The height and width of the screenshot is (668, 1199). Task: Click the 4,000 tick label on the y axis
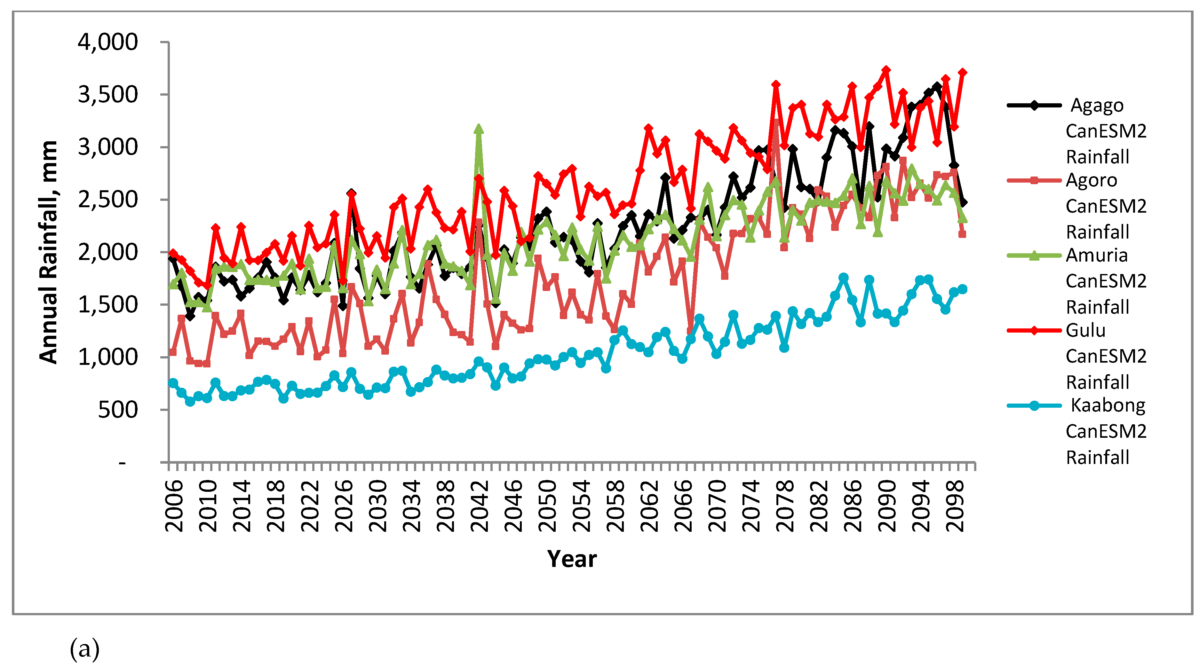107,42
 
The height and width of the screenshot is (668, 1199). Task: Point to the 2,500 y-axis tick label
107,200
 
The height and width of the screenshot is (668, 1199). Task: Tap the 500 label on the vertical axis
118,410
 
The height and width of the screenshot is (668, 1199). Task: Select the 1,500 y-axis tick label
107,305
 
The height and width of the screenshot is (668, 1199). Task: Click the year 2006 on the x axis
174,506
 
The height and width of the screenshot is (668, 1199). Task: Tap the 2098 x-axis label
954,506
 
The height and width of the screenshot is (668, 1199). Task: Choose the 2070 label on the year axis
717,506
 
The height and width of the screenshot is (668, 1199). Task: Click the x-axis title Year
572,559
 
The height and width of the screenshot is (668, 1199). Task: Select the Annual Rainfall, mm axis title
48,252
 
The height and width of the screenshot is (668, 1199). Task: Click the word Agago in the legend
1097,106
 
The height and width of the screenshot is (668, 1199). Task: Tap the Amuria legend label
1097,255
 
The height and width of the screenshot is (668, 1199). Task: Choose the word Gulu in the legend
1085,330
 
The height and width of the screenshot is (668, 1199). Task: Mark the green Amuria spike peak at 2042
479,129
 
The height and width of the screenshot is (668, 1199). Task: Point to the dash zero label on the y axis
122,463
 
